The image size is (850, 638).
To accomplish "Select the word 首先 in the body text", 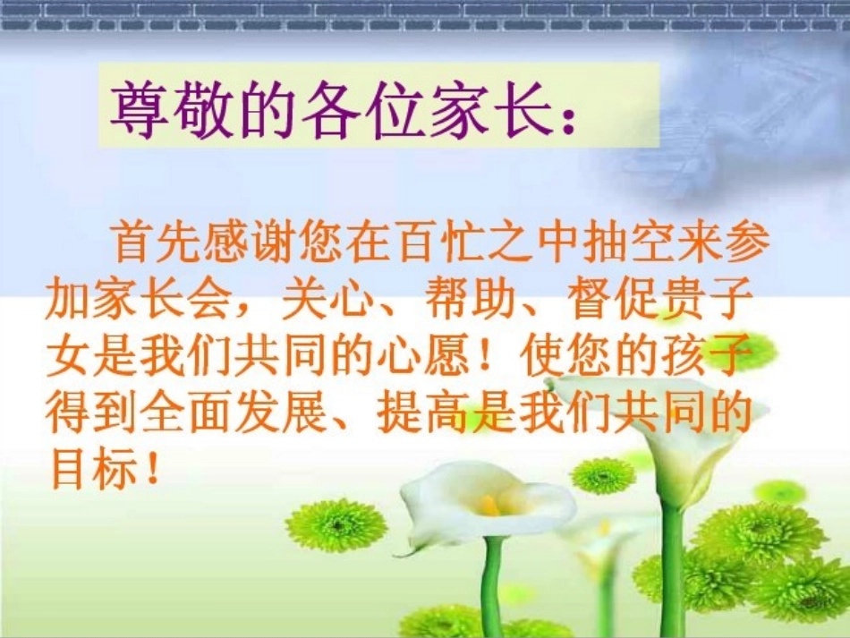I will [155, 244].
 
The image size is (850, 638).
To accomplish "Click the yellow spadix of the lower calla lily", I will [489, 506].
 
